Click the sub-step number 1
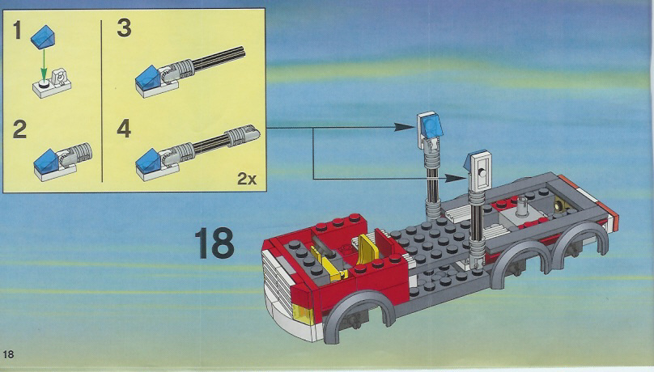(17, 30)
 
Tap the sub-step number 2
(19, 129)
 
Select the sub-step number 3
(125, 28)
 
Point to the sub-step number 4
(124, 129)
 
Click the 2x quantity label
(247, 179)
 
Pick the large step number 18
(214, 243)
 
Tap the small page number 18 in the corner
(8, 354)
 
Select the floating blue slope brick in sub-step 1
(43, 36)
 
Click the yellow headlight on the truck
(304, 314)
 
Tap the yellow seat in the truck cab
(369, 249)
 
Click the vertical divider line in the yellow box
(101, 101)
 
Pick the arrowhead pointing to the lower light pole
(454, 178)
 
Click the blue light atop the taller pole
(431, 127)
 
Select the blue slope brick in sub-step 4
(148, 161)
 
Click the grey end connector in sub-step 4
(243, 133)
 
